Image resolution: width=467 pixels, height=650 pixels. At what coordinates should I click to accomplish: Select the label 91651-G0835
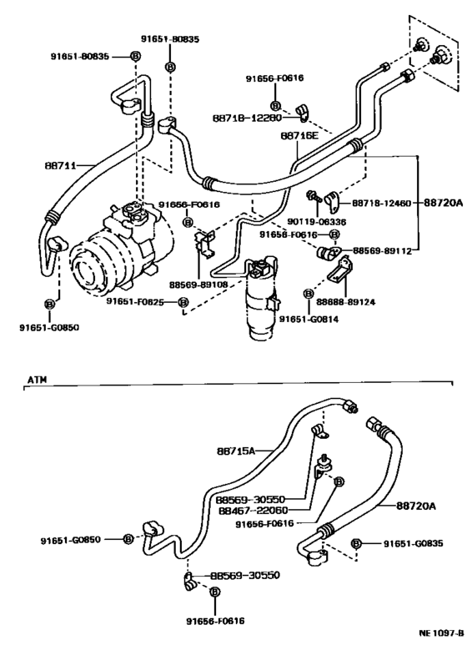[x=414, y=543]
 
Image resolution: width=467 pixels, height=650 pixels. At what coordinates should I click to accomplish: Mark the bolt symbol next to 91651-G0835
[x=357, y=543]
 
